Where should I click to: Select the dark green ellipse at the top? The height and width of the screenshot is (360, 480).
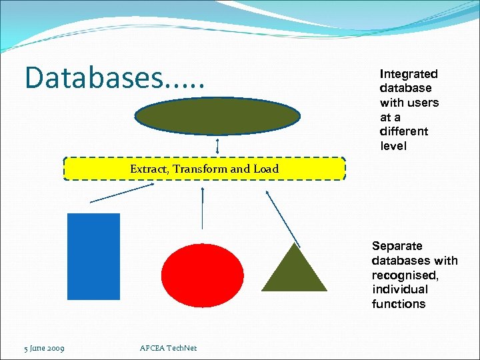pyautogui.click(x=218, y=117)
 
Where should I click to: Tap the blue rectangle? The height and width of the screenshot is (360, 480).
pyautogui.click(x=94, y=257)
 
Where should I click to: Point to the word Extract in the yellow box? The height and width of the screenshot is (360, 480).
pyautogui.click(x=149, y=169)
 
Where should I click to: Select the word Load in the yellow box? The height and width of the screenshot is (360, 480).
pyautogui.click(x=265, y=169)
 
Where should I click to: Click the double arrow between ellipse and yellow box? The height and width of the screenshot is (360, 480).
pyautogui.click(x=218, y=145)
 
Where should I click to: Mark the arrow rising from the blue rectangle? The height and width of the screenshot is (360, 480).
pyautogui.click(x=122, y=193)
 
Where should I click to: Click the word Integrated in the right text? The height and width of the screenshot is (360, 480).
pyautogui.click(x=409, y=74)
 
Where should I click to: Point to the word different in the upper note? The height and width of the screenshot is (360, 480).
pyautogui.click(x=404, y=131)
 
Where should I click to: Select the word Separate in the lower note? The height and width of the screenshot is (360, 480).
pyautogui.click(x=397, y=246)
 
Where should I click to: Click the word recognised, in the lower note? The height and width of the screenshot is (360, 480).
pyautogui.click(x=405, y=275)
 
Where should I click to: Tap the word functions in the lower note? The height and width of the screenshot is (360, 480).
pyautogui.click(x=399, y=304)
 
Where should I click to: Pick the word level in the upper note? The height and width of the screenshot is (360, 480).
pyautogui.click(x=393, y=146)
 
